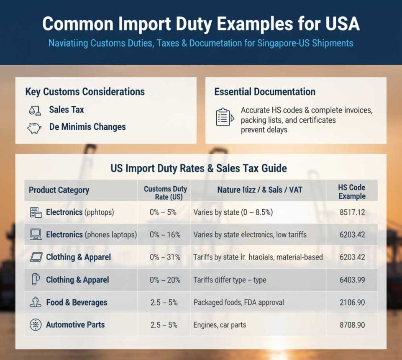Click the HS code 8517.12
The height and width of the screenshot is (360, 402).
pyautogui.click(x=352, y=212)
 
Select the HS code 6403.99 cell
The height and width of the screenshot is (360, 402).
pyautogui.click(x=352, y=280)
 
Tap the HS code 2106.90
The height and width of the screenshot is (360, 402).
pyautogui.click(x=352, y=302)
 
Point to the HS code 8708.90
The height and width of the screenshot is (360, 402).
pyautogui.click(x=352, y=325)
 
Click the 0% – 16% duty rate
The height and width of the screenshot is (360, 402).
pyautogui.click(x=165, y=235)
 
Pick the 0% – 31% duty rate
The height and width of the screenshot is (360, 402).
pyautogui.click(x=165, y=257)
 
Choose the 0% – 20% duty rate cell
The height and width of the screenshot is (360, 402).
pyautogui.click(x=165, y=280)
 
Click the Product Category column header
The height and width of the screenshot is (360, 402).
pyautogui.click(x=59, y=190)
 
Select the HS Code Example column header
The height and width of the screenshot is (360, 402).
pyautogui.click(x=352, y=192)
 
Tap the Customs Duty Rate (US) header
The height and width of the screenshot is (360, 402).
pyautogui.click(x=165, y=193)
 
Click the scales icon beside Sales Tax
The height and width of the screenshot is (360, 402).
pyautogui.click(x=35, y=111)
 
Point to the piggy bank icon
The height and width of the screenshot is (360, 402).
pyautogui.click(x=34, y=127)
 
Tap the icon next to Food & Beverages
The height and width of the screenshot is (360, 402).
pyautogui.click(x=36, y=302)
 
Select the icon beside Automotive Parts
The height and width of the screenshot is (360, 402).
pyautogui.click(x=36, y=325)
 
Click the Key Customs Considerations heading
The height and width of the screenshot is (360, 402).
pyautogui.click(x=85, y=92)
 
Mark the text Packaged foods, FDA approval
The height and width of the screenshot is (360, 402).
pyautogui.click(x=238, y=302)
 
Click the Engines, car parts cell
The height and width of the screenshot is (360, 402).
pyautogui.click(x=220, y=325)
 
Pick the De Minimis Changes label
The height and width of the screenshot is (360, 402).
pyautogui.click(x=87, y=127)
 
